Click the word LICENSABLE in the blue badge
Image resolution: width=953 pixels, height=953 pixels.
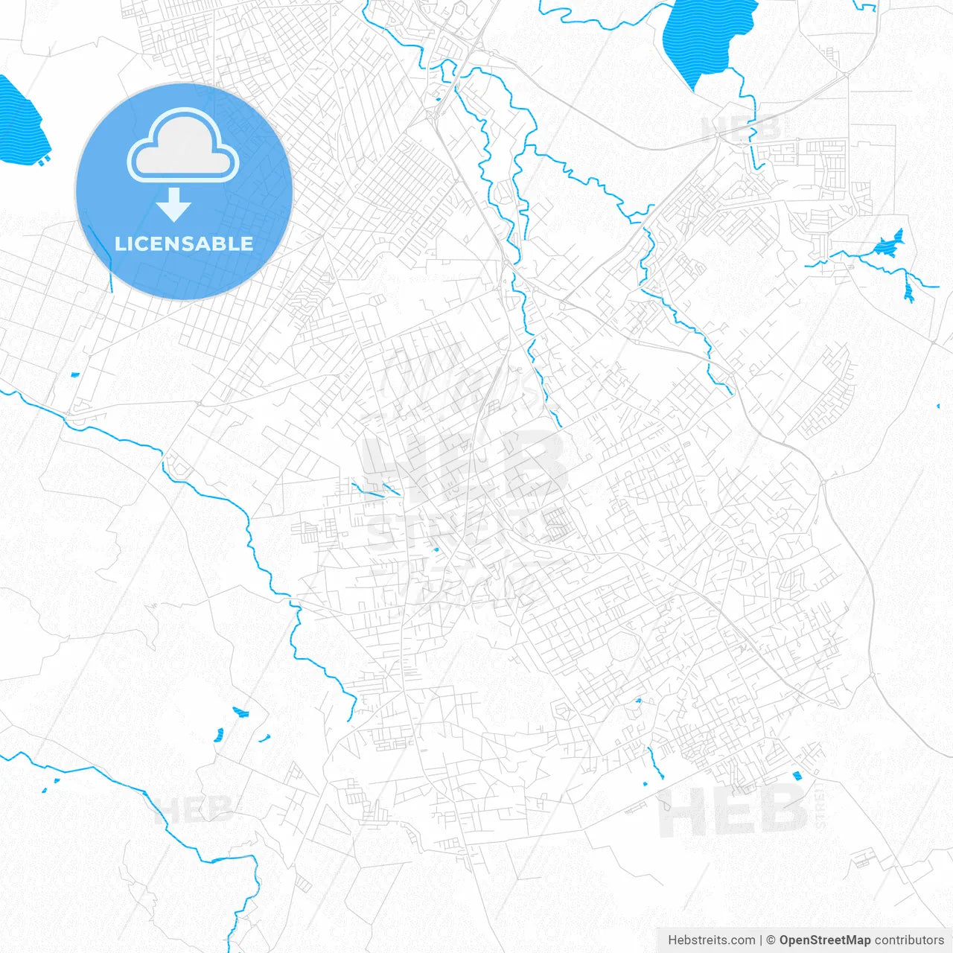[x=184, y=243]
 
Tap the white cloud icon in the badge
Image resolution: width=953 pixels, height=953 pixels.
[x=183, y=147]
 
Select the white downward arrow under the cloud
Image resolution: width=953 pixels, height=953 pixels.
[x=174, y=205]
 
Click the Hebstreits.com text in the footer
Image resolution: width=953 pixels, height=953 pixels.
[x=711, y=940]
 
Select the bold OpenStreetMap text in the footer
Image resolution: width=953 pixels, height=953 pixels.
[x=824, y=940]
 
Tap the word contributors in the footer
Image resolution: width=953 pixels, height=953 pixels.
[x=909, y=940]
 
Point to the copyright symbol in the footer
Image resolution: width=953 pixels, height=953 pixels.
[x=771, y=940]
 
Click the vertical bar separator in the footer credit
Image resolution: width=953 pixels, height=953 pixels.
[x=761, y=940]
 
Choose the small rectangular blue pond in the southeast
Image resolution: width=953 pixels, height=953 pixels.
[x=797, y=776]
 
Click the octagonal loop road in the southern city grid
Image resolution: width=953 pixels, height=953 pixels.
[x=624, y=645]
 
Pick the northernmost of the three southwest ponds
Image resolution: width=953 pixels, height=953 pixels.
[x=240, y=713]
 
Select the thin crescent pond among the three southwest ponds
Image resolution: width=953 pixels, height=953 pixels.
[x=264, y=738]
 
